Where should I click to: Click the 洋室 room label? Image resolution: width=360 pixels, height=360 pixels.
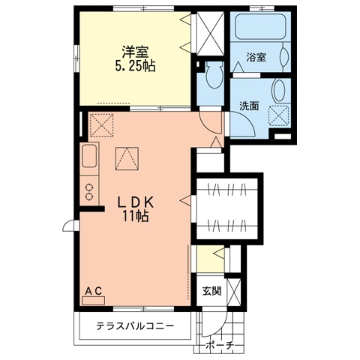click(x=135, y=52)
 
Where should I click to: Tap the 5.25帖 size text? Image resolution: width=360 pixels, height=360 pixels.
click(x=135, y=66)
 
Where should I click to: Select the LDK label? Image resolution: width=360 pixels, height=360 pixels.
click(x=135, y=202)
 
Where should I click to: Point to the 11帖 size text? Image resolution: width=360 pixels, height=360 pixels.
click(x=135, y=216)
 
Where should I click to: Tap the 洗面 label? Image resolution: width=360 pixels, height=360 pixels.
click(x=249, y=106)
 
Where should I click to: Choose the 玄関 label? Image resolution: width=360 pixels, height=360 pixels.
click(x=211, y=291)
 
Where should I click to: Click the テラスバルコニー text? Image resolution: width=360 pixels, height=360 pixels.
click(x=135, y=325)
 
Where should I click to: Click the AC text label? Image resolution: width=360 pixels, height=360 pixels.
click(x=93, y=291)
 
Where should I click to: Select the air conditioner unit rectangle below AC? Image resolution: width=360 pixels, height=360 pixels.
click(x=93, y=301)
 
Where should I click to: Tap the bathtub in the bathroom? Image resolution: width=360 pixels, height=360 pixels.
click(x=260, y=26)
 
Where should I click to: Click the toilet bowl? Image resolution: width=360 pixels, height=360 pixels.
click(x=214, y=74)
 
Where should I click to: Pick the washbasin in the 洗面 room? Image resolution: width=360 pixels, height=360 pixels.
click(x=280, y=90)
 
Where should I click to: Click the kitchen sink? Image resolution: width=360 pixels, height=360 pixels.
click(x=89, y=156)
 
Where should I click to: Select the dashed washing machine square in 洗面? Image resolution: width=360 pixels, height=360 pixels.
click(x=278, y=115)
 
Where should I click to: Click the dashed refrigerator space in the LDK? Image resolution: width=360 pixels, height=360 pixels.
click(x=101, y=125)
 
